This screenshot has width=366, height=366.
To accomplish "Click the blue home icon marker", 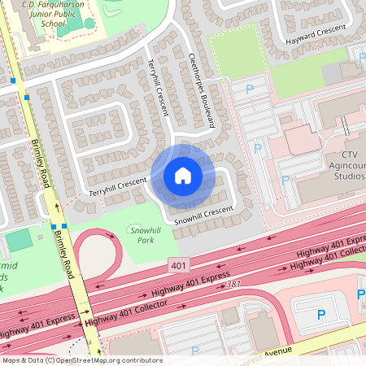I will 182,176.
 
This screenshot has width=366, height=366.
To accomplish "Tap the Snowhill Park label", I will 146,235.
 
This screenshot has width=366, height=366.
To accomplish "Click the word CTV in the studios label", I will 350,155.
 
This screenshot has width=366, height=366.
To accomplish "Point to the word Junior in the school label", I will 41,13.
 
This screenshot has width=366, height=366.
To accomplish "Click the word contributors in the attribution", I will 139,360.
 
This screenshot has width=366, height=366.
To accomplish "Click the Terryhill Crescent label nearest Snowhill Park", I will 118,185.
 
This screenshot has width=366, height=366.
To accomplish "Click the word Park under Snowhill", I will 145,240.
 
